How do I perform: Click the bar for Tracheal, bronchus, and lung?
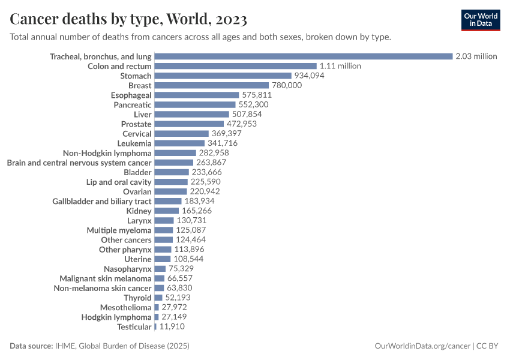pyautogui.click(x=303, y=56)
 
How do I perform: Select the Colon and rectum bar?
pyautogui.click(x=235, y=66)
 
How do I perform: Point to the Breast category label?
pyautogui.click(x=140, y=85)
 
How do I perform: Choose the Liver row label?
pyautogui.click(x=143, y=114)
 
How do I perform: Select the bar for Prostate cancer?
pyautogui.click(x=189, y=124)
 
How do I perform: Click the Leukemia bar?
pyautogui.click(x=179, y=143)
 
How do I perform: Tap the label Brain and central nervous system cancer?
pyautogui.click(x=79, y=163)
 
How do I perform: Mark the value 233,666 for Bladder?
pyautogui.click(x=208, y=172)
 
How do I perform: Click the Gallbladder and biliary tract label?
pyautogui.click(x=102, y=201)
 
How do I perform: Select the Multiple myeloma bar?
pyautogui.click(x=163, y=230)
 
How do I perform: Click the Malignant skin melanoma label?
pyautogui.click(x=106, y=278)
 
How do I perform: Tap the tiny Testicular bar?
pyautogui.click(x=155, y=326)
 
